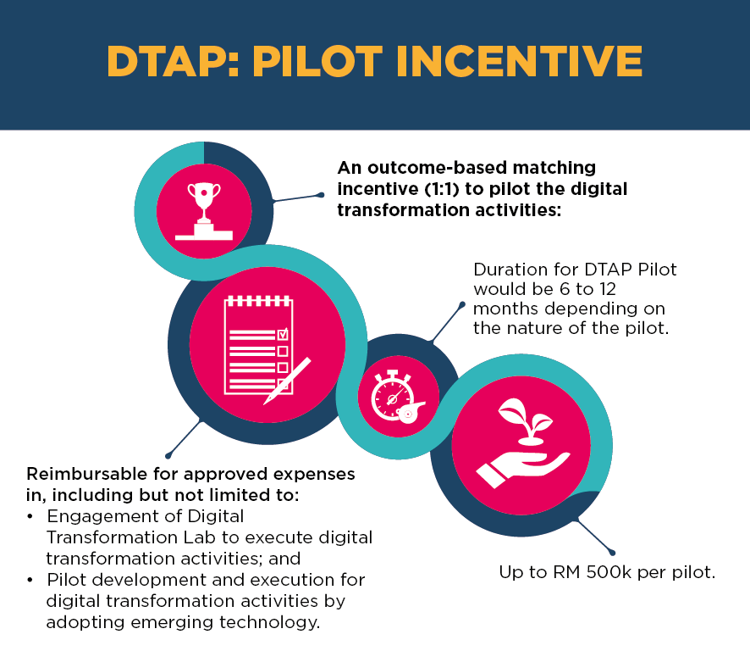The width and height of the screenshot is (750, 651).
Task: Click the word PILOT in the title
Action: pyautogui.click(x=317, y=61)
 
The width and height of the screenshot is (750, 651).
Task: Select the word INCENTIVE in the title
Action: pyautogui.click(x=520, y=61)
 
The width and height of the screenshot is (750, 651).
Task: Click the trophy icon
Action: pyautogui.click(x=204, y=211)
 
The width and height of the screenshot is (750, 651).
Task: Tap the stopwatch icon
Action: pyautogui.click(x=392, y=395)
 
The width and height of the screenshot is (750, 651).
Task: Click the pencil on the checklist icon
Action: pyautogui.click(x=287, y=381)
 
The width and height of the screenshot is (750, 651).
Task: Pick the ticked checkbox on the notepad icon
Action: pyautogui.click(x=283, y=333)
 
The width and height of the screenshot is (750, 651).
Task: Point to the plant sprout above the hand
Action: pyautogui.click(x=525, y=421)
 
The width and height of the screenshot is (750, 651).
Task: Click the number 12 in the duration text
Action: pyautogui.click(x=608, y=289)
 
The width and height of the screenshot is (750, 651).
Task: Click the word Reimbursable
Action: pyautogui.click(x=87, y=474)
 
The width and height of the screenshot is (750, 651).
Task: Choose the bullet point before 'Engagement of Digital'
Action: pyautogui.click(x=30, y=516)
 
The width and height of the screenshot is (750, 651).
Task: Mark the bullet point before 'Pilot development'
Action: pyautogui.click(x=30, y=580)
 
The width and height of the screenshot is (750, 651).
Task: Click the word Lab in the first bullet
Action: pyautogui.click(x=200, y=537)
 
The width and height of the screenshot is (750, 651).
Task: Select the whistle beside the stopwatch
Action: pyautogui.click(x=411, y=412)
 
